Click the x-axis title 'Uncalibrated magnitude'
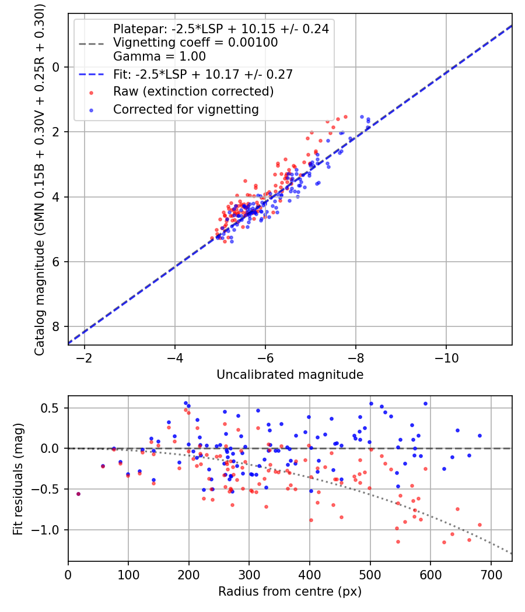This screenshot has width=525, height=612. [290, 375]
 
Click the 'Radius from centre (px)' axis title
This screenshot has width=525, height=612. [290, 592]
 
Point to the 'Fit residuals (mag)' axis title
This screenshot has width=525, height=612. [18, 479]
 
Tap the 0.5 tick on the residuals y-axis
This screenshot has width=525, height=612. [52, 408]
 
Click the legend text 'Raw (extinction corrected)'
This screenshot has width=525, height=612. [193, 92]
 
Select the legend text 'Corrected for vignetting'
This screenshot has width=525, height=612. [185, 109]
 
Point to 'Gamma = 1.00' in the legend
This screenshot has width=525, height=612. [159, 57]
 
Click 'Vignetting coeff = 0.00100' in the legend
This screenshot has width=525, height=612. [195, 43]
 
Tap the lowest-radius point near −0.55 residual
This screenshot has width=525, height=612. [78, 494]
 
